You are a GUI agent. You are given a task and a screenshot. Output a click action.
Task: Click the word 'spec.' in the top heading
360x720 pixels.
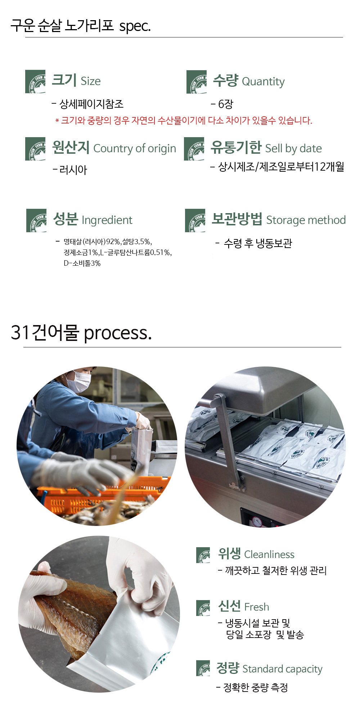(135, 26)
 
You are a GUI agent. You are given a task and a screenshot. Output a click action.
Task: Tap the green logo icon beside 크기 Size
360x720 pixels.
(35, 82)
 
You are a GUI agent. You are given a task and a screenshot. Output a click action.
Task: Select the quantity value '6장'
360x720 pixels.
(226, 104)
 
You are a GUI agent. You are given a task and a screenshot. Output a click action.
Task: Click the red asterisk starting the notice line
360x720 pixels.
(57, 121)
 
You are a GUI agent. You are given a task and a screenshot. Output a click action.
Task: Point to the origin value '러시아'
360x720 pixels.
(73, 170)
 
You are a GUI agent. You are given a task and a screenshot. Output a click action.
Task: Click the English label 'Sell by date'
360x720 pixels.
(293, 148)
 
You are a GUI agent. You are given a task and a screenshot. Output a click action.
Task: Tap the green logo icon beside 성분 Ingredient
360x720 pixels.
(36, 220)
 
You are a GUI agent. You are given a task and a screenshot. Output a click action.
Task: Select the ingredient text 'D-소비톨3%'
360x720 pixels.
(82, 263)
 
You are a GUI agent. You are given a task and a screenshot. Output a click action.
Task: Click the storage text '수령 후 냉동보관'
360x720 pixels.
(258, 243)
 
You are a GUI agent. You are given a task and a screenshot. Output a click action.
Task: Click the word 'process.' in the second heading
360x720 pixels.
(118, 333)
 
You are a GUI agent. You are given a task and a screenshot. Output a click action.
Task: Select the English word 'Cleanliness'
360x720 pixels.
(269, 554)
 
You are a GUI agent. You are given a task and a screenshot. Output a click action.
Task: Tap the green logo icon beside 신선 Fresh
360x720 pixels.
(203, 608)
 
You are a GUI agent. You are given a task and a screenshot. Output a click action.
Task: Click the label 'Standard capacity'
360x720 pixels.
(282, 669)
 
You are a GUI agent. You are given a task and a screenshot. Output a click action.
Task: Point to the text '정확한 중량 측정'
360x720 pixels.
(256, 688)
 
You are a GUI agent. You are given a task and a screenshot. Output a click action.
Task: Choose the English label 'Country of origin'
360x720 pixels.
(135, 148)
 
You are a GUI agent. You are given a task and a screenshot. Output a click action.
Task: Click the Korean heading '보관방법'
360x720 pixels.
(237, 219)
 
